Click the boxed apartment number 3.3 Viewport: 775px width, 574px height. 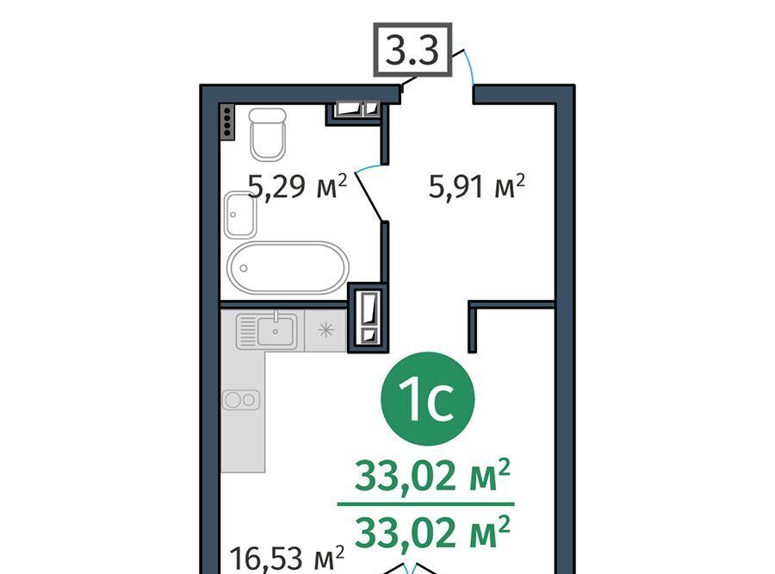(x=412, y=49)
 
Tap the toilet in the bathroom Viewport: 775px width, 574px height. (x=268, y=134)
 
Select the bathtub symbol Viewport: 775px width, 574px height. (x=288, y=268)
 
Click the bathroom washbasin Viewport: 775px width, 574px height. (x=240, y=215)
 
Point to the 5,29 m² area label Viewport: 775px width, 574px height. (x=297, y=186)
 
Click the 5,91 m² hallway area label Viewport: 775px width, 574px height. (x=476, y=186)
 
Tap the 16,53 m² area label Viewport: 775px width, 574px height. (x=287, y=558)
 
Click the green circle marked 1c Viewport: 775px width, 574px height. (x=427, y=399)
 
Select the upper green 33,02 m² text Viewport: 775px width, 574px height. (x=432, y=476)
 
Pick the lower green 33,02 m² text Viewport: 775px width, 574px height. (x=432, y=532)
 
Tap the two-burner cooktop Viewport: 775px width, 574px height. (x=241, y=400)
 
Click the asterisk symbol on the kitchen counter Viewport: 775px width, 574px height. (x=326, y=329)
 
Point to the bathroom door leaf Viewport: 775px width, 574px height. (x=369, y=196)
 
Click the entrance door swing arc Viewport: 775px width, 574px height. (x=468, y=66)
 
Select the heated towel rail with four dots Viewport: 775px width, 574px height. (x=227, y=122)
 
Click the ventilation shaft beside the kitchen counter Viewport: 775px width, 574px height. (x=369, y=317)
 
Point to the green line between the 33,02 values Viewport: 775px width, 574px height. (x=426, y=504)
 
